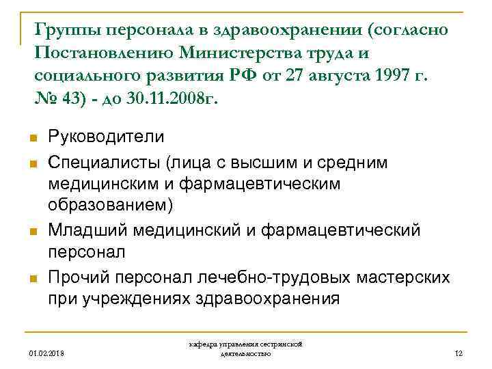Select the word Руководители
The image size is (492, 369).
point(106,137)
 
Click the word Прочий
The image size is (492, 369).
point(79,277)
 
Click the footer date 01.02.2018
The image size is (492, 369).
point(44,353)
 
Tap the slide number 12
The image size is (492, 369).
point(459,353)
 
